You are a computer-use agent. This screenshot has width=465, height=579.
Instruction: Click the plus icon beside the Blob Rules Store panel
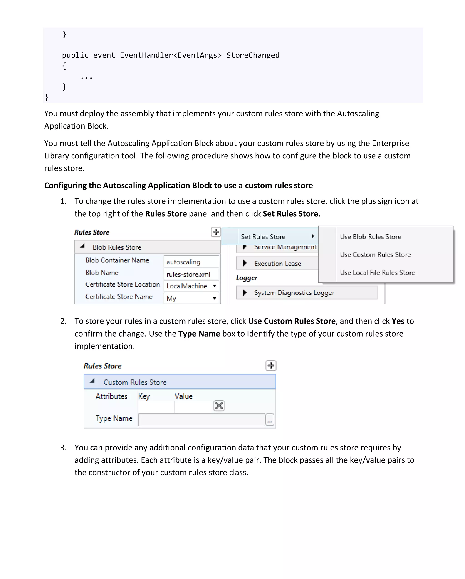[216, 232]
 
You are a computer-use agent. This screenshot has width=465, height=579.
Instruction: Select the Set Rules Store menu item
[263, 237]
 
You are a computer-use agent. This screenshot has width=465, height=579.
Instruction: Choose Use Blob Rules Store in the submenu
[370, 237]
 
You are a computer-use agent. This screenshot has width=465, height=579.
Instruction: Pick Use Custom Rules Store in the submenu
[375, 255]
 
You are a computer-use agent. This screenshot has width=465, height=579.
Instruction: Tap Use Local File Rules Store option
[377, 272]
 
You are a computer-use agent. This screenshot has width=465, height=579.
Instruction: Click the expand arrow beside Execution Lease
[245, 263]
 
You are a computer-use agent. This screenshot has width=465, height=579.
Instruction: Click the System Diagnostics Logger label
[294, 293]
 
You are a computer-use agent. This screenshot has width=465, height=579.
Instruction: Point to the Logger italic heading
[246, 278]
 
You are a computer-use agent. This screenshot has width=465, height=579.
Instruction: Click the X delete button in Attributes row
[219, 406]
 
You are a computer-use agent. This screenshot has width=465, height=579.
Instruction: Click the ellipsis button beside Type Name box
[270, 420]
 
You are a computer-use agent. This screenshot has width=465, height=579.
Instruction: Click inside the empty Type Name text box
[201, 420]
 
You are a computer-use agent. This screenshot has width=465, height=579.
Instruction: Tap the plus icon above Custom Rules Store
[271, 366]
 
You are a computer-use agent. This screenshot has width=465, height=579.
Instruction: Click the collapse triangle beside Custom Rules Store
[92, 381]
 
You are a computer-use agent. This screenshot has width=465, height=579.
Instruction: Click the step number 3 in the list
[63, 448]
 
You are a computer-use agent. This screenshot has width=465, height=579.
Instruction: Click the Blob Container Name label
[117, 260]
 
